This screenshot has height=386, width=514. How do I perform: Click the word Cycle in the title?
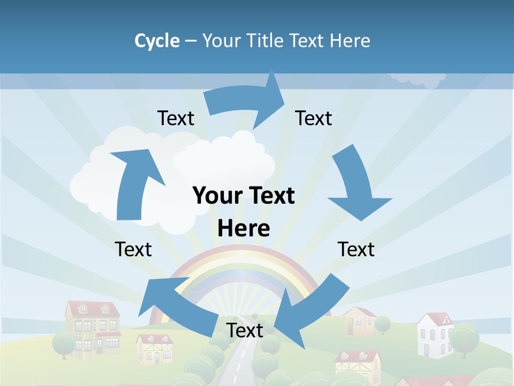click(157, 41)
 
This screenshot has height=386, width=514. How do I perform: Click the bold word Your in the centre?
click(215, 196)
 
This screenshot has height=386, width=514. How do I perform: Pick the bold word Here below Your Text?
click(244, 228)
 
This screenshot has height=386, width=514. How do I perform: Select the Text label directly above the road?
click(245, 330)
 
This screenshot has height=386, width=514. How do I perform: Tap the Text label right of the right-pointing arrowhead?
click(314, 118)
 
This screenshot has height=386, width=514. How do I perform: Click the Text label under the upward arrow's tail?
click(133, 249)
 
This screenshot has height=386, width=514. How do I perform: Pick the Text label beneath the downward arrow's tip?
click(356, 249)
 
